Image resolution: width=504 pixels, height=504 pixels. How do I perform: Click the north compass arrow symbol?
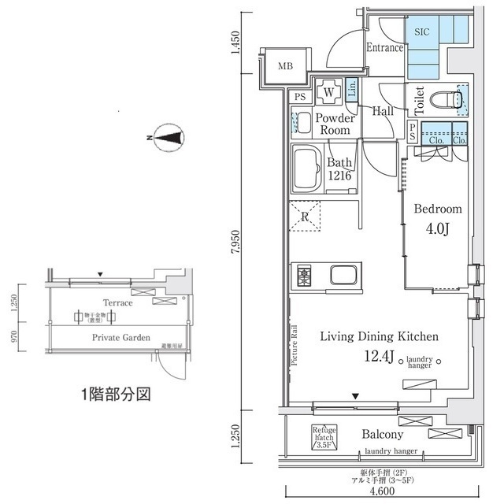pos(169,139)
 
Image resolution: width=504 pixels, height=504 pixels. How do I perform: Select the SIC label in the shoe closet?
pos(422,31)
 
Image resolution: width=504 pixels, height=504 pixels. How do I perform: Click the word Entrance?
pos(384,48)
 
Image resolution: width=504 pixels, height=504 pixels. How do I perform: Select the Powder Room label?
pos(335,124)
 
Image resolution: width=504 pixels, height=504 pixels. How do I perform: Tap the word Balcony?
pos(383,434)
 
